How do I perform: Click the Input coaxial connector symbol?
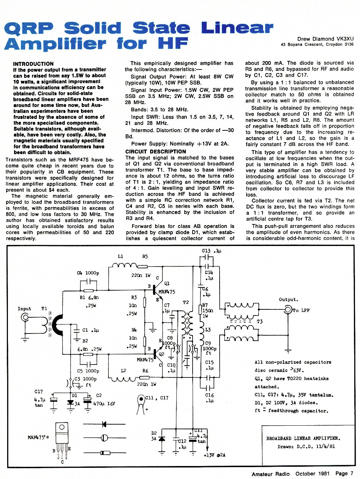(26, 317)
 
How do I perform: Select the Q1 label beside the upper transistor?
(167, 283)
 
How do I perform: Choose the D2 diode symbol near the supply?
(162, 438)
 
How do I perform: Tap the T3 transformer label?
(260, 321)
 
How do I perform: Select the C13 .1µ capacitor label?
(212, 251)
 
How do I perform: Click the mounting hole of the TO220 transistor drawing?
(62, 427)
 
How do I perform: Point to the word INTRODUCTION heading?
(33, 64)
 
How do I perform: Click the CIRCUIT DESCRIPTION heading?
(156, 152)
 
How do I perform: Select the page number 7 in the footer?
(351, 473)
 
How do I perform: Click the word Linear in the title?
(237, 28)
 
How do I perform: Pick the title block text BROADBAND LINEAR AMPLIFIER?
(303, 438)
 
